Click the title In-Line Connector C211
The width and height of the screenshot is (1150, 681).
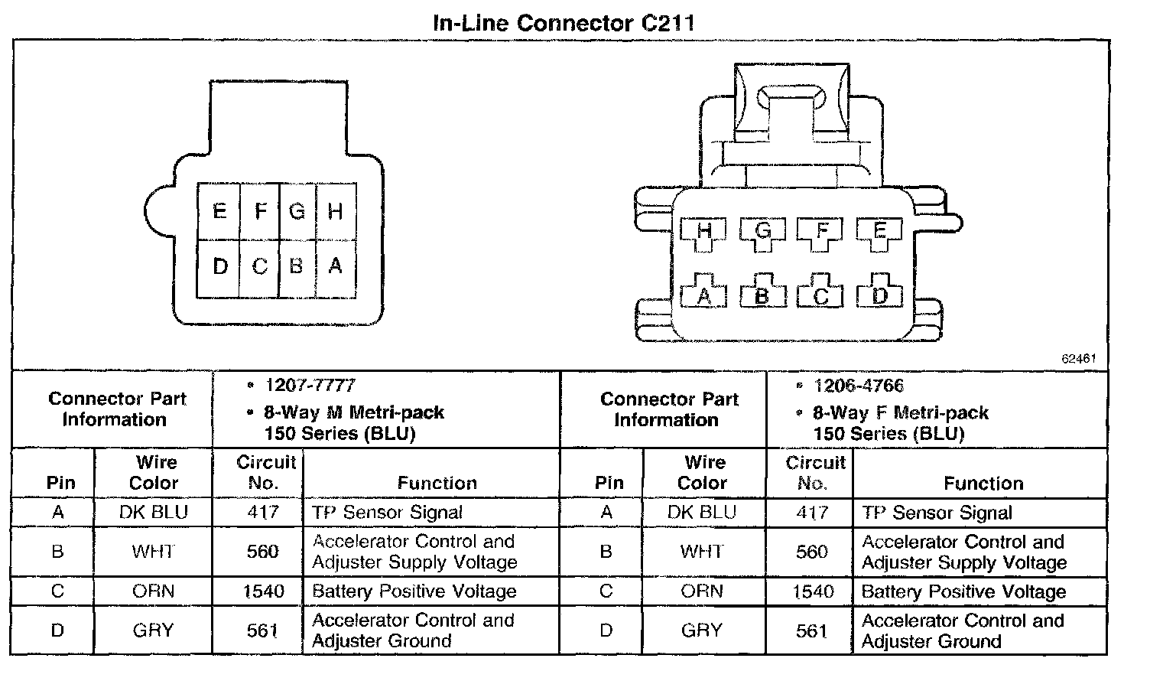tap(564, 22)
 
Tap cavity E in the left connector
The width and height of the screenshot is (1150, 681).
tap(219, 211)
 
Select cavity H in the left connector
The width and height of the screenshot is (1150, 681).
tap(335, 211)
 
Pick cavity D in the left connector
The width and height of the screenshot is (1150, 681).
tap(219, 266)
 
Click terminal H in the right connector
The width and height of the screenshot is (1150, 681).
tap(704, 231)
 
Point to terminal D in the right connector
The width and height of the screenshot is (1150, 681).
tap(879, 295)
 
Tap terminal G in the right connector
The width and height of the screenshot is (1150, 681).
tap(762, 231)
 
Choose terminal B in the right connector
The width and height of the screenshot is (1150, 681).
tap(762, 295)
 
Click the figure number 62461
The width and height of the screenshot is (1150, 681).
tap(1079, 358)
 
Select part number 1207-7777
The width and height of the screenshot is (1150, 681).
tap(310, 386)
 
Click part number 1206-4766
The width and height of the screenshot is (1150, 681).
tap(859, 386)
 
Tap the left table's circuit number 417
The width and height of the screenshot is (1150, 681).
tap(262, 512)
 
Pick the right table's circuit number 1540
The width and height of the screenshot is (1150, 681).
tap(812, 591)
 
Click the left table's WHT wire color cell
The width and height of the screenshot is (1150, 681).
tap(153, 552)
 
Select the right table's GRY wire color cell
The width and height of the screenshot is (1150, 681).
tap(702, 630)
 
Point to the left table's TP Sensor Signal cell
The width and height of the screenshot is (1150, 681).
tap(387, 512)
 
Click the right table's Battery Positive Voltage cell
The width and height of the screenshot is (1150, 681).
tap(963, 591)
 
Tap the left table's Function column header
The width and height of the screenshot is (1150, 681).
tap(437, 483)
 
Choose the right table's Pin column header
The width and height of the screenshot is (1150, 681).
tap(609, 483)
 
